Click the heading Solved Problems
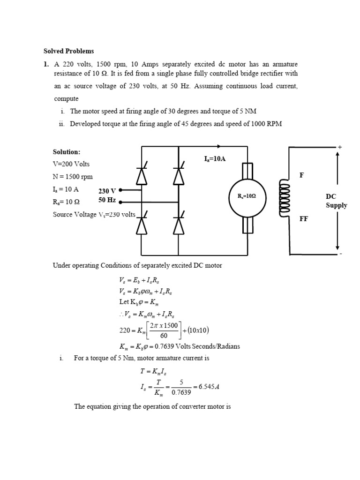coord(68,51)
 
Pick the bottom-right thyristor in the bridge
coord(178,225)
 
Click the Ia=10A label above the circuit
coord(215,159)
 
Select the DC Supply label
coord(337,201)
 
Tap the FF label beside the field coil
coord(304,219)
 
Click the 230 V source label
coord(107,191)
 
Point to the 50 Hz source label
coord(107,200)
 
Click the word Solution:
coord(66,152)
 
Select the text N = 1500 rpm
coord(73,177)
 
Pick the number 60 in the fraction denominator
coord(164,336)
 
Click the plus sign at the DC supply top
coord(340,147)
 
